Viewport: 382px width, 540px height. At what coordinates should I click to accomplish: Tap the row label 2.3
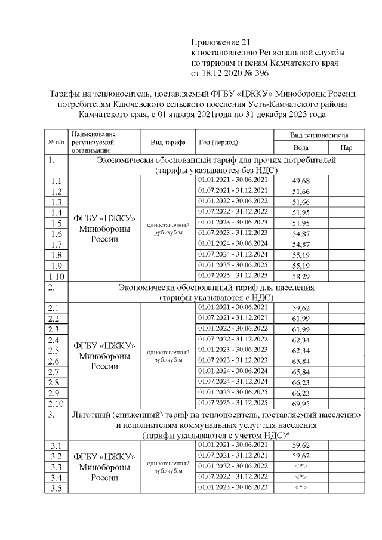click(55, 329)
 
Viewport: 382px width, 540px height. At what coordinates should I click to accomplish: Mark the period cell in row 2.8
click(233, 382)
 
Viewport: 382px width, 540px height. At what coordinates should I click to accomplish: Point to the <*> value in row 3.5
click(301, 487)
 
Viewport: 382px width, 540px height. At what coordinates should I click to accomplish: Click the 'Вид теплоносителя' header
click(323, 135)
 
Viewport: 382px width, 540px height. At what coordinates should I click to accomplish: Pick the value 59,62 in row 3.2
click(301, 455)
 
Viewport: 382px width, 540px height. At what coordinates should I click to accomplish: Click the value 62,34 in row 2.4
click(301, 340)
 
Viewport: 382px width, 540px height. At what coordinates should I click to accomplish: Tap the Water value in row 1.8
click(301, 255)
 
